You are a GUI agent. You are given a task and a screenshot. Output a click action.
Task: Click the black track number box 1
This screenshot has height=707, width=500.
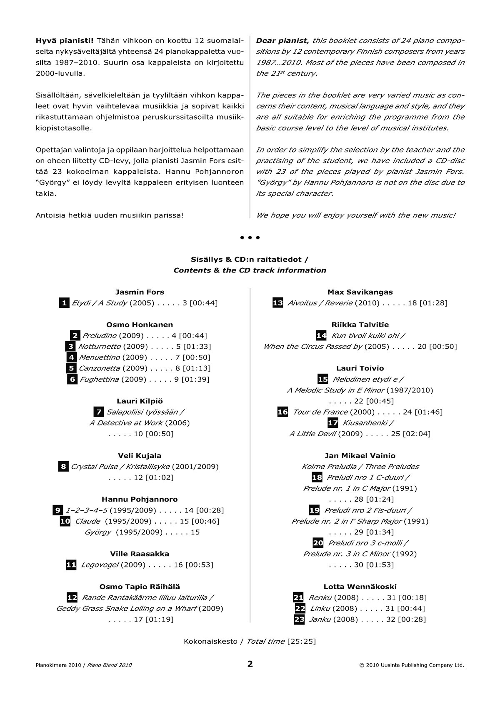(64, 303)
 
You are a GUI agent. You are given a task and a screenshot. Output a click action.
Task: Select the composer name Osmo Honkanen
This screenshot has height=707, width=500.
(140, 325)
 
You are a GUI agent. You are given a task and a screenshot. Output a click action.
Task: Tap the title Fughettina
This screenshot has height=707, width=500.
(99, 379)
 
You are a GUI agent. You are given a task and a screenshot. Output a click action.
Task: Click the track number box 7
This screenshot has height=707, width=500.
(99, 412)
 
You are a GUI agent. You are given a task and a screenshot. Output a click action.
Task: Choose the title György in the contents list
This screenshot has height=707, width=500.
(98, 532)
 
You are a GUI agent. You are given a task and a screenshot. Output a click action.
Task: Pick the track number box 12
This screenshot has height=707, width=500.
(72, 597)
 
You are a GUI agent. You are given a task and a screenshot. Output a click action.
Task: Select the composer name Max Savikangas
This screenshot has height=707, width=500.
(360, 292)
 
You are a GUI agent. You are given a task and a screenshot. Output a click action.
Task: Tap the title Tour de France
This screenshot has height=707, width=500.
(320, 412)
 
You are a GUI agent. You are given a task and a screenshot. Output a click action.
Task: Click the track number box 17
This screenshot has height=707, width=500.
(333, 423)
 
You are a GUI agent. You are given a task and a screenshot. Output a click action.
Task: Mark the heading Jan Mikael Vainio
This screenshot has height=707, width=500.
(360, 456)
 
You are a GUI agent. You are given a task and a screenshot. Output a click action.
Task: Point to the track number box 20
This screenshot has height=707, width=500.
(318, 543)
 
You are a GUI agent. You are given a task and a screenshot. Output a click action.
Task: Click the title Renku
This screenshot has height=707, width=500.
(320, 597)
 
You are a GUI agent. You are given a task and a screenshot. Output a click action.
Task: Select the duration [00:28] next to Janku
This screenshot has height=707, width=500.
(412, 619)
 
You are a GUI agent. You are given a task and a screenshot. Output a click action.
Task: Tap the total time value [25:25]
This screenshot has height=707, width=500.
(302, 641)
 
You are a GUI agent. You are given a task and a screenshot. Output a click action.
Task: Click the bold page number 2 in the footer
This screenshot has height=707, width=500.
(250, 664)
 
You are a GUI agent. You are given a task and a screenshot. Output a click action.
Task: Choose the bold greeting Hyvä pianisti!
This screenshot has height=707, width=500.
(65, 41)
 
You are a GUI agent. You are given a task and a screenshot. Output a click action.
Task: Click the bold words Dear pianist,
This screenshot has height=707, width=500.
(282, 41)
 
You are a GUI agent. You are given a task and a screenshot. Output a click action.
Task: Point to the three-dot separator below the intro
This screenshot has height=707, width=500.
(250, 237)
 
